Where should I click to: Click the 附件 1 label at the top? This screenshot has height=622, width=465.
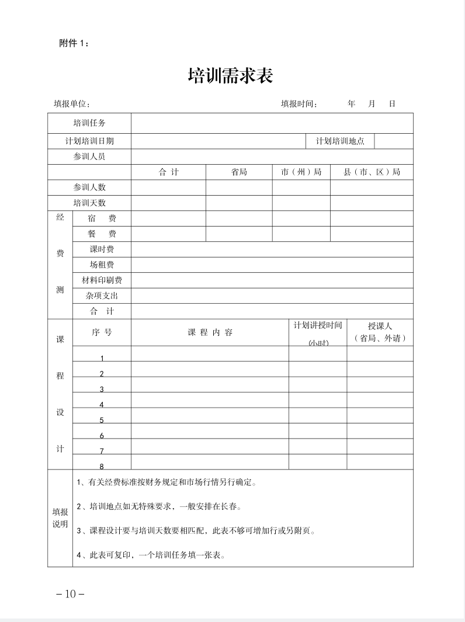click(74, 43)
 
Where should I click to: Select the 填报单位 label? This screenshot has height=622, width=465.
click(72, 104)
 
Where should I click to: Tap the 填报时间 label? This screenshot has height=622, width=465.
click(299, 104)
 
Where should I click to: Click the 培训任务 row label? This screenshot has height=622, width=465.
click(89, 123)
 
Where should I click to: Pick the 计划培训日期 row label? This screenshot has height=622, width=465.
click(89, 141)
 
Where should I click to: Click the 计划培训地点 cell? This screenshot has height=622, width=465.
click(340, 141)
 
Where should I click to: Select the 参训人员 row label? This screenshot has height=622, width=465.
click(89, 157)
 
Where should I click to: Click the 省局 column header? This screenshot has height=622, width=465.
click(239, 172)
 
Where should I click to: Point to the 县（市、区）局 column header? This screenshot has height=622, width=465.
click(372, 172)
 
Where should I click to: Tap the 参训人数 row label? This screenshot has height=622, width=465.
click(89, 187)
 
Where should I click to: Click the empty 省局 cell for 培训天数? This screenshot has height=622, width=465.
click(239, 203)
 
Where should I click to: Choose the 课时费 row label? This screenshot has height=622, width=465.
click(102, 249)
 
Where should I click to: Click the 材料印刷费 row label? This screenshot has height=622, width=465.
click(102, 280)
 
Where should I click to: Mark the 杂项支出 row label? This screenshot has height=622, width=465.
click(102, 296)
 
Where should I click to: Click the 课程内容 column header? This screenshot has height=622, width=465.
click(210, 332)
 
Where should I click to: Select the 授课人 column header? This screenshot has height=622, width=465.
click(380, 332)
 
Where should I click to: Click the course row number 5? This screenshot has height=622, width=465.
click(102, 420)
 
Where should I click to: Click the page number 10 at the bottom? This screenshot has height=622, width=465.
click(70, 594)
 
